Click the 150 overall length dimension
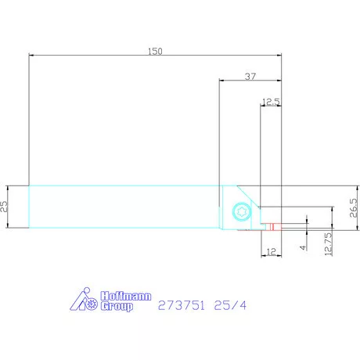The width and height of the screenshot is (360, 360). [x=155, y=51]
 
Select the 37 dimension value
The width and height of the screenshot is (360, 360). [x=250, y=76]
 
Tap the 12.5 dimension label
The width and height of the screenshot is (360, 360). [x=271, y=101]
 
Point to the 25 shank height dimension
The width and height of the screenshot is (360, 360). [x=5, y=207]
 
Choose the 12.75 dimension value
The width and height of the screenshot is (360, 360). [x=328, y=243]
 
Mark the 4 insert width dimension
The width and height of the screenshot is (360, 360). [x=302, y=247]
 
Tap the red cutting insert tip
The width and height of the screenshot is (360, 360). [x=272, y=228]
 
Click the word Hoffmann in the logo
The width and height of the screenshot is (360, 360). [x=125, y=297]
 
